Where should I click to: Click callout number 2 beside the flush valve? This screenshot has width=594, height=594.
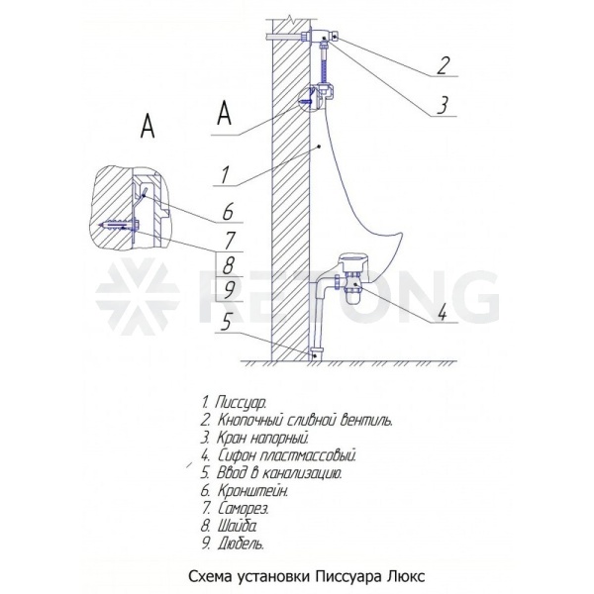[x=443, y=65]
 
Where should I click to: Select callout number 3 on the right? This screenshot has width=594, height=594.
[x=442, y=105]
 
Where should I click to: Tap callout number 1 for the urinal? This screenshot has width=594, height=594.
[x=225, y=175]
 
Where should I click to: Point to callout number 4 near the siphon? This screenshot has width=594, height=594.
[x=443, y=313]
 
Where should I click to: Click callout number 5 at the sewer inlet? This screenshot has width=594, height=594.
[x=226, y=323]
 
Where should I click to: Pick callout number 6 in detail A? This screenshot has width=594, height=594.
[x=228, y=212]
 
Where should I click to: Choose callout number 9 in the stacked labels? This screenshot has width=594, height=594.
[x=229, y=291]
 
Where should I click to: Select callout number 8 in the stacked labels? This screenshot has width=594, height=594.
[x=228, y=265]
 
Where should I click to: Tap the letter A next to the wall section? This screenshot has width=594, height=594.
[x=225, y=113]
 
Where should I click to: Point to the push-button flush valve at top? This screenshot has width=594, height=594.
[x=322, y=37]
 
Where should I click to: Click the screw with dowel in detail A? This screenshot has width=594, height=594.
[x=118, y=225]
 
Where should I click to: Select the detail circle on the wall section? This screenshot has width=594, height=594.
[x=312, y=98]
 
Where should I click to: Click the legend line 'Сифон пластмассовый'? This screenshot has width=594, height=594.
[x=279, y=454]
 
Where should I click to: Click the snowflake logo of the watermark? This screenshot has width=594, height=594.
[x=137, y=296]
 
